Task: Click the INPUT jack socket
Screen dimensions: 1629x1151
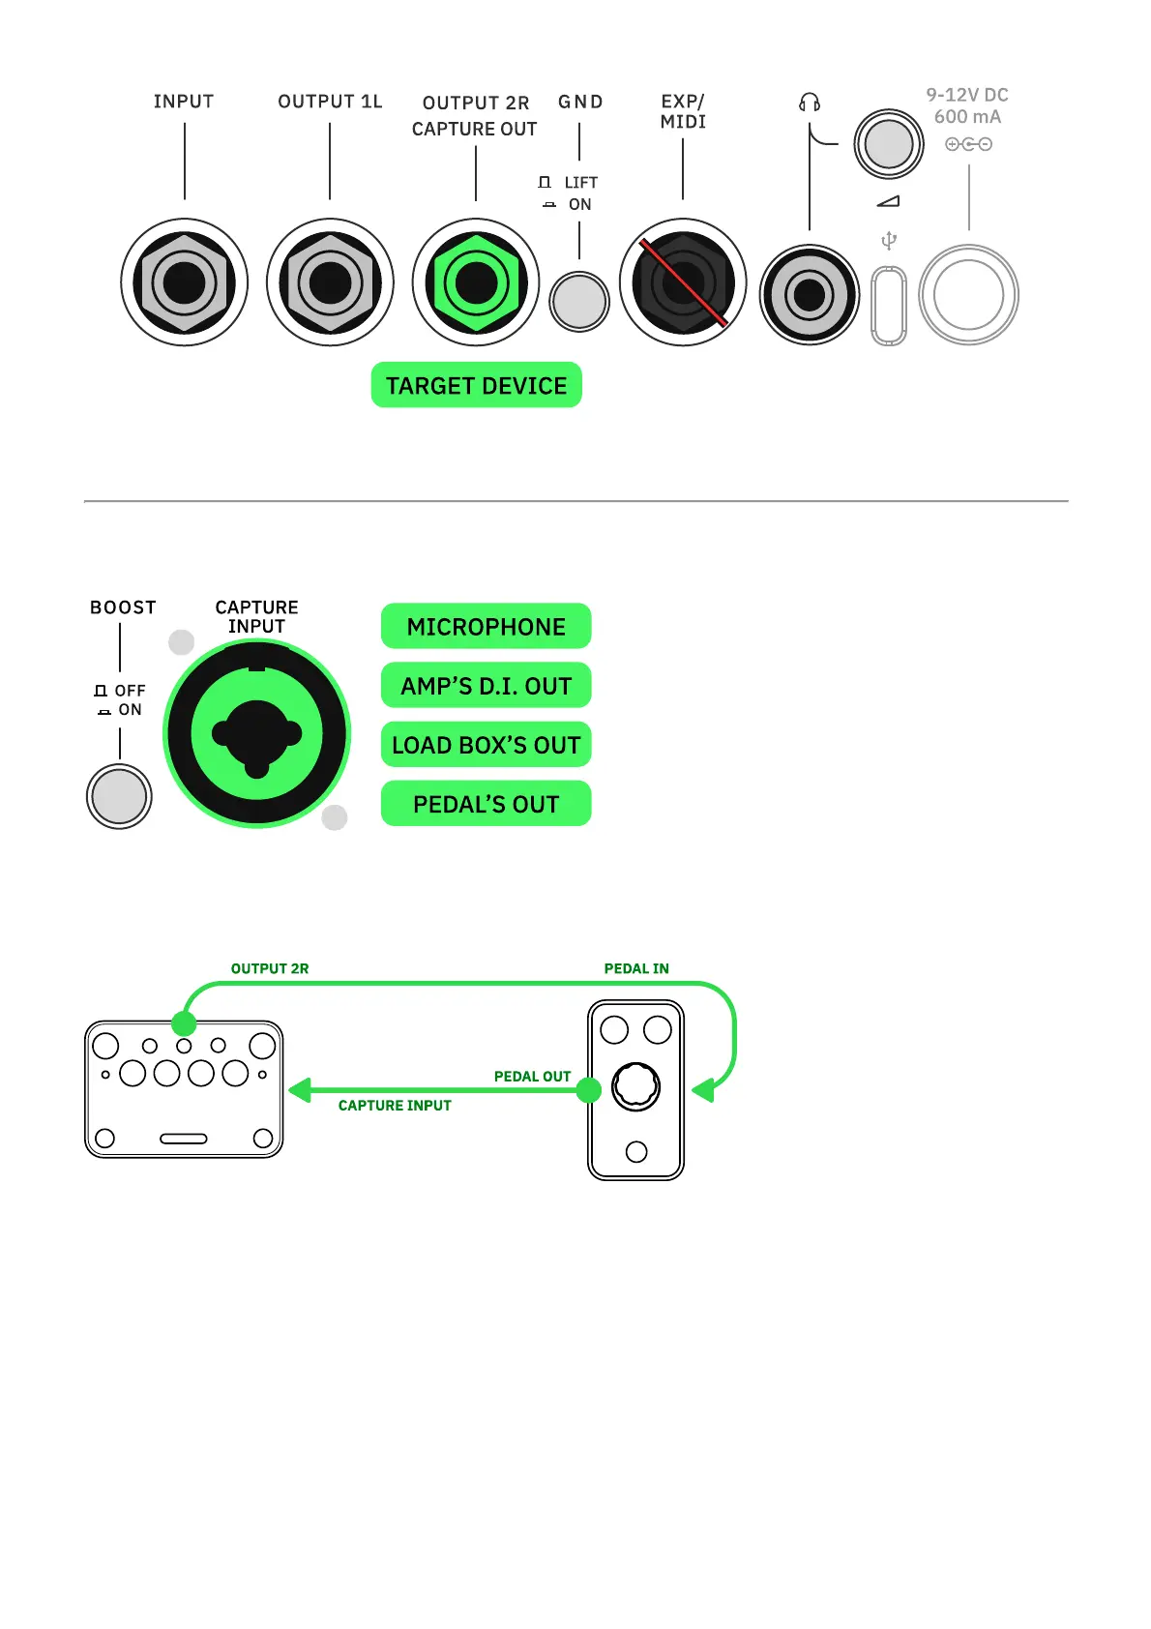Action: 184,282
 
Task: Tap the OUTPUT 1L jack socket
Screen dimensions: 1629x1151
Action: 330,282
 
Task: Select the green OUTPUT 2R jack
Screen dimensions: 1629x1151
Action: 476,282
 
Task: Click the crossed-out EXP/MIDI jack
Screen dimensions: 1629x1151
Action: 683,282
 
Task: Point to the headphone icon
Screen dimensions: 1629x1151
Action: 810,102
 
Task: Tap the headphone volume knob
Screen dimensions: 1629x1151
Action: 888,144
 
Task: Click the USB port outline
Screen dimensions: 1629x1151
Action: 889,305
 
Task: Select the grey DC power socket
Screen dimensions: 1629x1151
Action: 968,295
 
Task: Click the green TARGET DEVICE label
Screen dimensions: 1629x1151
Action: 476,385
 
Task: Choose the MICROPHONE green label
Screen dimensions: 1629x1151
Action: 486,626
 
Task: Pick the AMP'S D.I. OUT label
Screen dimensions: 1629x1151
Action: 486,685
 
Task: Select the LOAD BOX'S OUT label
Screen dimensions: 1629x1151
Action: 486,745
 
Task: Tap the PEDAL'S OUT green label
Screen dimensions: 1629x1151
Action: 486,804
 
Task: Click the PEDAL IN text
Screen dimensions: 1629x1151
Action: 635,968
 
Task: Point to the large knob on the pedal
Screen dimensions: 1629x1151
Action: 635,1085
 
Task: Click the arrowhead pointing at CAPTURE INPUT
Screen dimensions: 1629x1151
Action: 300,1090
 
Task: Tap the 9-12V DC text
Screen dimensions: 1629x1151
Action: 967,95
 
